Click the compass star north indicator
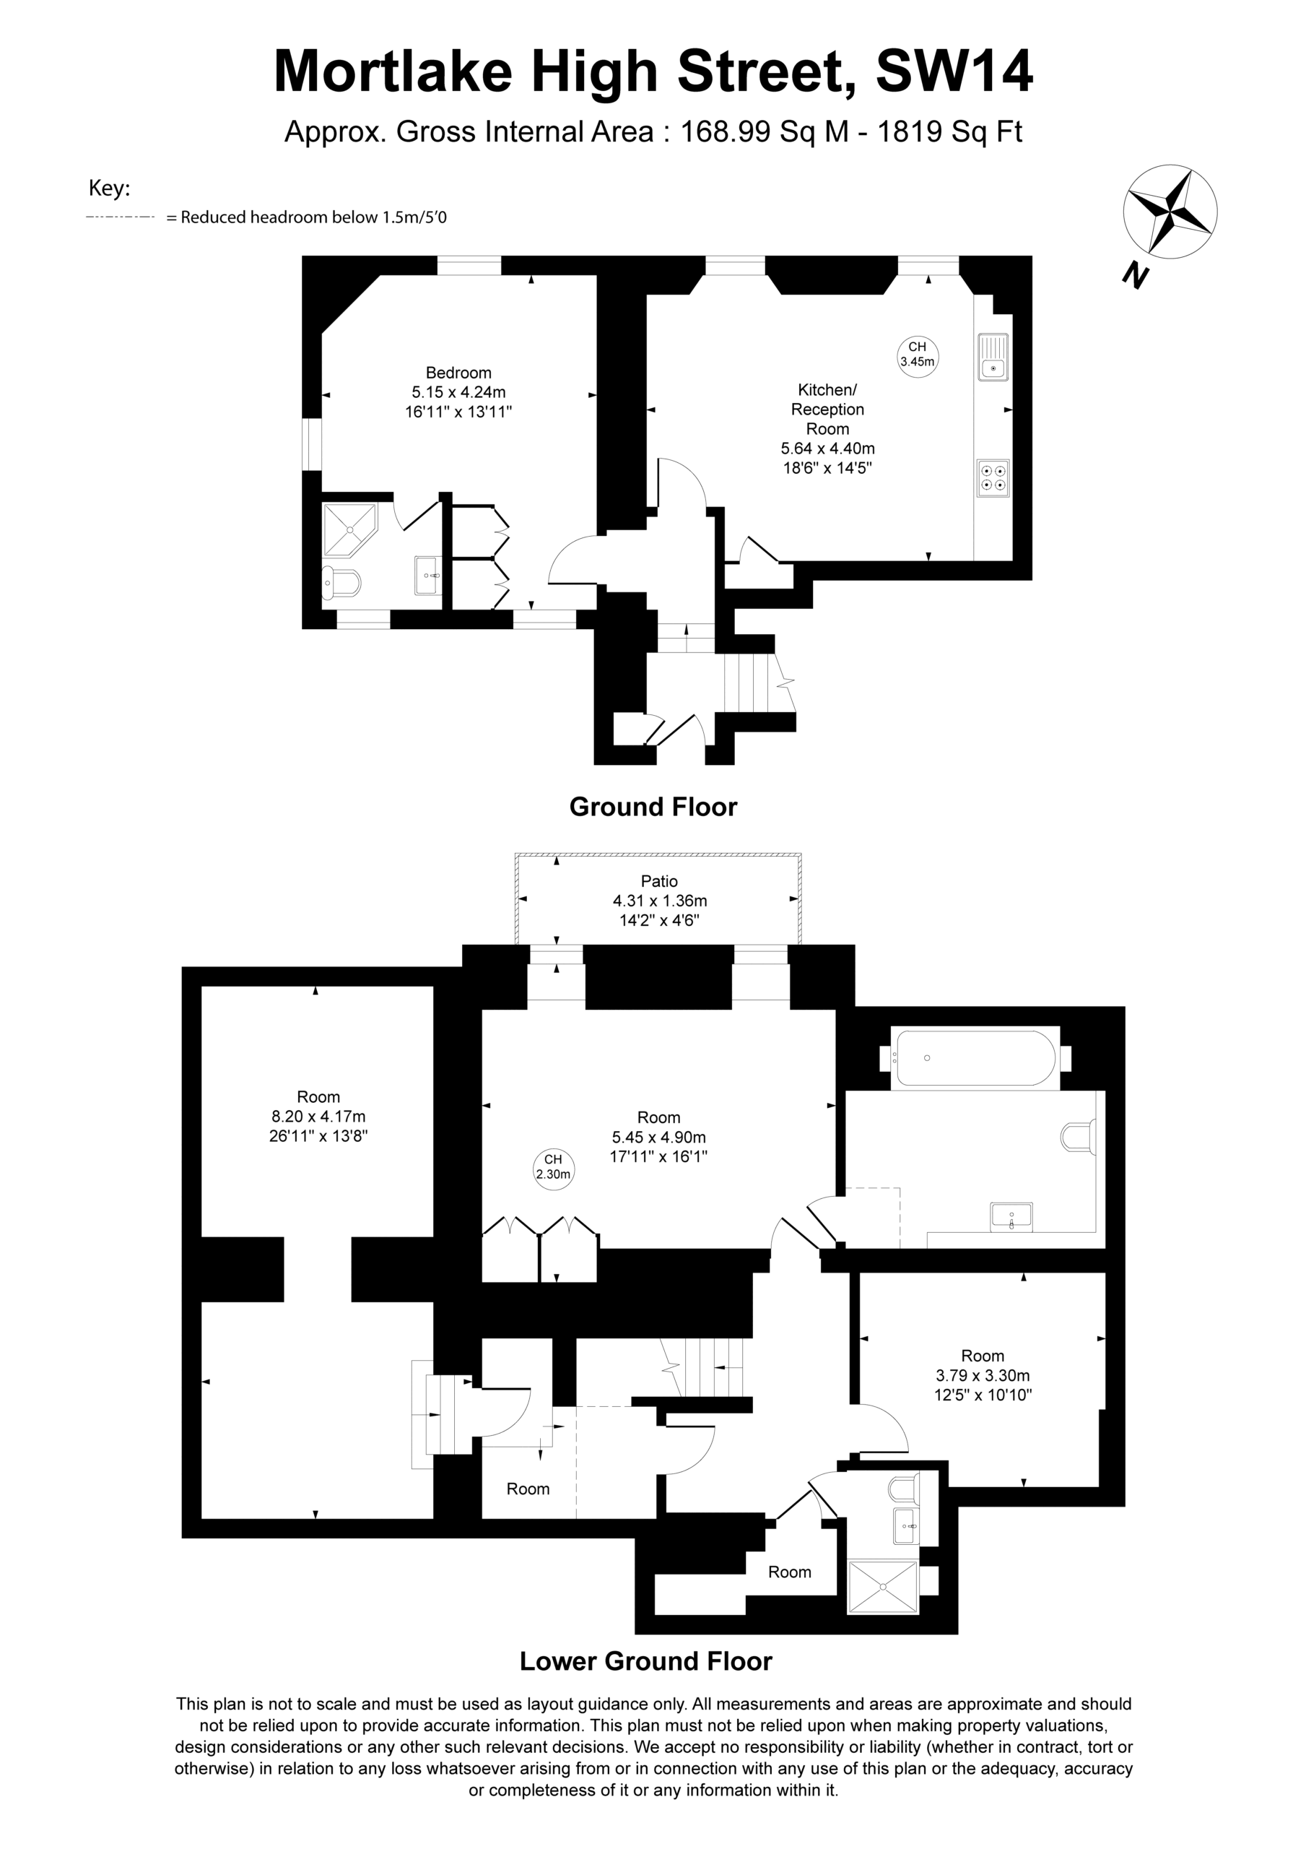click(1170, 212)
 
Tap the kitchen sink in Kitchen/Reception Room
click(993, 356)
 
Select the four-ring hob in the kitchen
click(993, 477)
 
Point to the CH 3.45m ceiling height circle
click(917, 355)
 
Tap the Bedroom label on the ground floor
click(458, 373)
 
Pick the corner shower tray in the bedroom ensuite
click(349, 530)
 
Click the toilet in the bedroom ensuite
click(341, 583)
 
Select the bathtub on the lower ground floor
click(976, 1057)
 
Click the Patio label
click(659, 881)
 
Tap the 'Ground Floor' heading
click(653, 807)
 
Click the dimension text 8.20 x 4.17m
click(319, 1116)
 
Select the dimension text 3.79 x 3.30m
click(983, 1375)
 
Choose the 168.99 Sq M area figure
click(765, 131)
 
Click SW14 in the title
click(954, 72)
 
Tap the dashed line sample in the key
click(119, 217)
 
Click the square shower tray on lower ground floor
click(882, 1588)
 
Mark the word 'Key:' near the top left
click(110, 189)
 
